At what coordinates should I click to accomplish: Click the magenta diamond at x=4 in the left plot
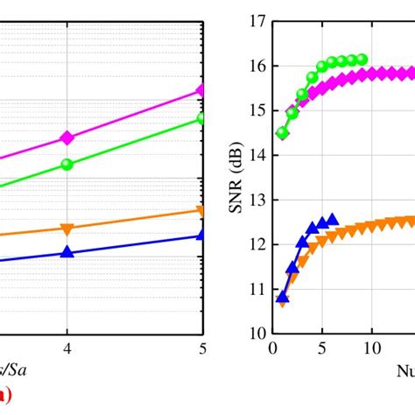[x=67, y=137]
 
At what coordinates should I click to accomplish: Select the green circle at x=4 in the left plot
[x=67, y=164]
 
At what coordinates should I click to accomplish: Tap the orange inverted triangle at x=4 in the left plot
[x=67, y=229]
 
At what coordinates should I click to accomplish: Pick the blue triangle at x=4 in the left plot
[x=67, y=252]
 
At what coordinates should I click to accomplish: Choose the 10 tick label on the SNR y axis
[x=257, y=334]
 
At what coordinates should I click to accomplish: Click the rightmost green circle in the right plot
[x=362, y=60]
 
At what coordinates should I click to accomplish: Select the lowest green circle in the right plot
[x=282, y=133]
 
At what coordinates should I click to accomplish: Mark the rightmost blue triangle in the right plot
[x=332, y=220]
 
